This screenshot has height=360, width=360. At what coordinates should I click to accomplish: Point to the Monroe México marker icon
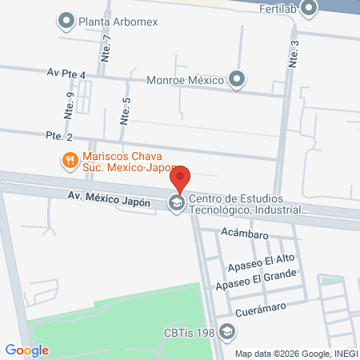point(238,78)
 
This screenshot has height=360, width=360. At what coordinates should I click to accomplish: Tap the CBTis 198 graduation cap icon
point(227,331)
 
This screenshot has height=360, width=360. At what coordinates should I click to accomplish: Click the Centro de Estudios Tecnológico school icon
point(175,204)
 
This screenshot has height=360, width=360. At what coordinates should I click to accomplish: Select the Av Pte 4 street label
point(66,74)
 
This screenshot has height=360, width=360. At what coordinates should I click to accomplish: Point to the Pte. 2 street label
point(61,138)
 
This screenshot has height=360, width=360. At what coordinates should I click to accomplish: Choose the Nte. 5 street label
point(125,110)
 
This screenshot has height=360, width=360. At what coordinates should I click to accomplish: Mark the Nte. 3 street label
point(294,54)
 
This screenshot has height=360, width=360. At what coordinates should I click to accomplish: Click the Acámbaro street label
point(246,235)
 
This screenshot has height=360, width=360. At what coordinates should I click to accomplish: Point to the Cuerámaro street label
point(261,310)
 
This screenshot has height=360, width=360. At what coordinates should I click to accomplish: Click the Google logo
point(27,350)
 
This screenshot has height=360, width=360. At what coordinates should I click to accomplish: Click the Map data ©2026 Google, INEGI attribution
point(295,354)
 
